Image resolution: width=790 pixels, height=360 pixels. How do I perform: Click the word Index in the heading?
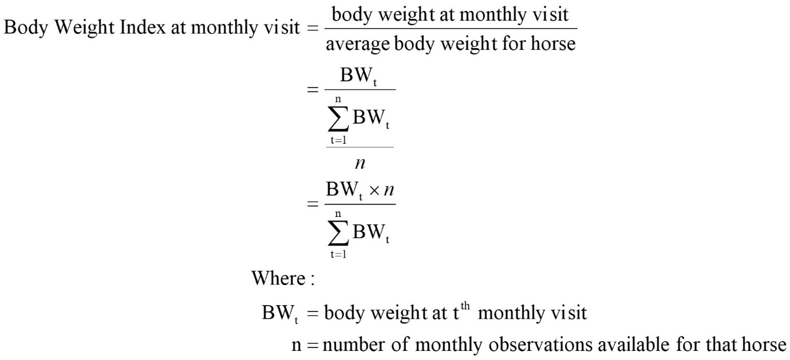tap(143, 27)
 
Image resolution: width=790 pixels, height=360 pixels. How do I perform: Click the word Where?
tap(278, 278)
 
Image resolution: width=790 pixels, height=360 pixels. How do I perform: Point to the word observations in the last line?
tap(540, 345)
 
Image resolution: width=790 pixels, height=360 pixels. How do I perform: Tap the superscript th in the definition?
tap(465, 306)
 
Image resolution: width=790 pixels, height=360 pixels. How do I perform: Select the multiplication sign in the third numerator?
tap(374, 191)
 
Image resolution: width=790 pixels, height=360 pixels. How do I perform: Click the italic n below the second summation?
tap(360, 164)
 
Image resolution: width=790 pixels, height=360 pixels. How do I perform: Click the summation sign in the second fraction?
tap(338, 119)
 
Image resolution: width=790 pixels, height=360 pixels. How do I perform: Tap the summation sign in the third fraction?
tap(338, 233)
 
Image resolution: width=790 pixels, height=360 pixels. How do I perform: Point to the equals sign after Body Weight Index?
tap(313, 28)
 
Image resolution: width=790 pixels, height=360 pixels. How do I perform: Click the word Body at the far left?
tap(25, 28)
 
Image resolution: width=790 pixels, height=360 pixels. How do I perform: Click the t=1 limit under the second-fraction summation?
tap(338, 140)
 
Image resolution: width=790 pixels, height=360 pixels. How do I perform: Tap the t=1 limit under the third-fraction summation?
tap(338, 254)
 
